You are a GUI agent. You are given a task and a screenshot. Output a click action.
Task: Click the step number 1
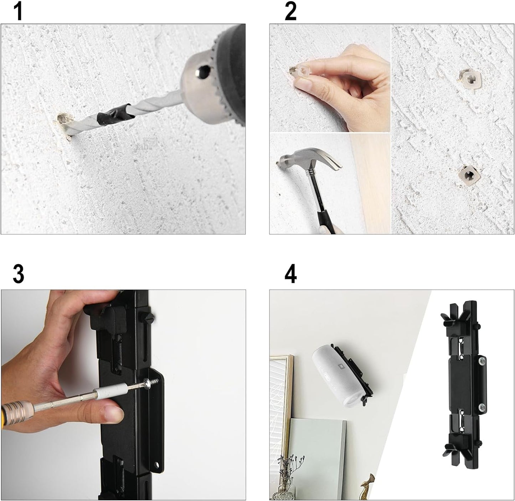[17, 11]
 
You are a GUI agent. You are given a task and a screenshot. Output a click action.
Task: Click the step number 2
[290, 11]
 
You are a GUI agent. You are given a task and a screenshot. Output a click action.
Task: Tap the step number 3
[18, 274]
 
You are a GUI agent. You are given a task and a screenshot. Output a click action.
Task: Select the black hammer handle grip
[328, 218]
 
